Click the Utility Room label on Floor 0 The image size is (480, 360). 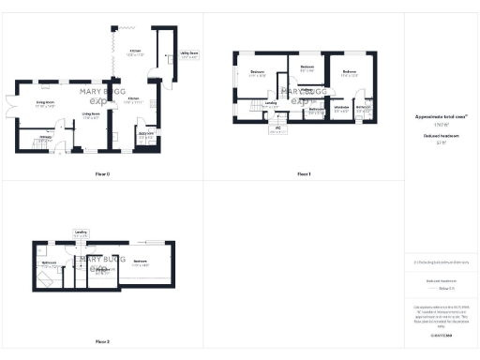[188, 54]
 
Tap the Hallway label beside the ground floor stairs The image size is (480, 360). [43, 137]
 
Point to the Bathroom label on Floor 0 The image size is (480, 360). [145, 134]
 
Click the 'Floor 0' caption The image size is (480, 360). [103, 174]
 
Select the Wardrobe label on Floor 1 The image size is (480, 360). [342, 107]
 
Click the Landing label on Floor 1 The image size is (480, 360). [271, 103]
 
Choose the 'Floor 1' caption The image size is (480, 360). [304, 174]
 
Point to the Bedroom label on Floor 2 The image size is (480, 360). [140, 261]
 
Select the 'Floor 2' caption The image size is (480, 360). [103, 341]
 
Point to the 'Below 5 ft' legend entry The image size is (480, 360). [437, 288]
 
